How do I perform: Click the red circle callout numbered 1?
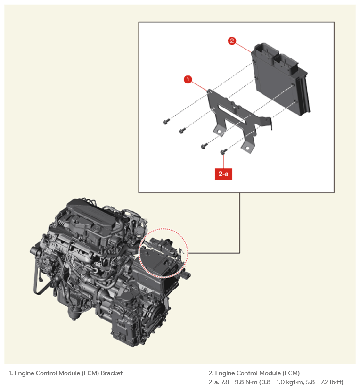point(188,79)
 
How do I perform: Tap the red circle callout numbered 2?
point(232,41)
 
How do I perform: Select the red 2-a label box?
point(223,174)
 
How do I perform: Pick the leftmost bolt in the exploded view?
point(166,121)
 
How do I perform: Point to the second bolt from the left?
point(182,130)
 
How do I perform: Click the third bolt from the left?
point(204,146)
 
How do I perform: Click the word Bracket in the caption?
point(112,373)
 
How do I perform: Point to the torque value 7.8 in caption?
point(225,382)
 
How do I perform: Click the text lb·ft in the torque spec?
point(335,382)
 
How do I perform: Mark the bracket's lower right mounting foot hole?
point(247,149)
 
